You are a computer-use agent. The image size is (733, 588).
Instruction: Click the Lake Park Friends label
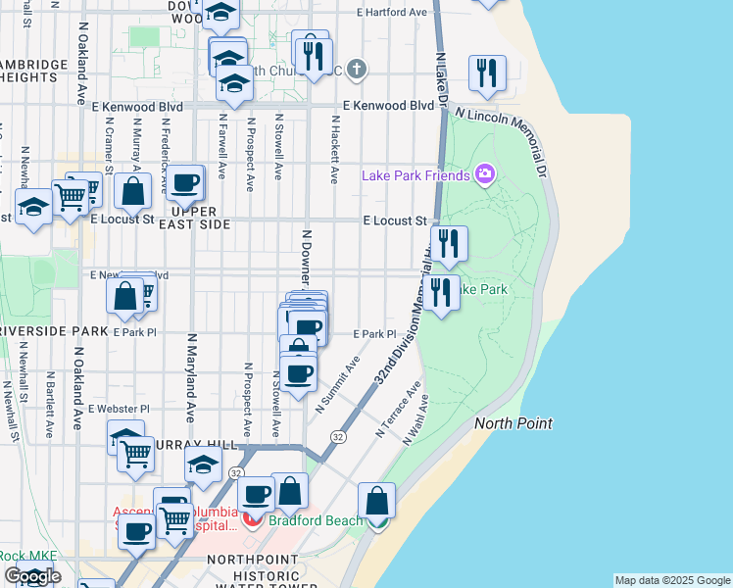click(x=416, y=176)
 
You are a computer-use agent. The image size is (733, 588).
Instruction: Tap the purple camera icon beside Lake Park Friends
click(x=484, y=175)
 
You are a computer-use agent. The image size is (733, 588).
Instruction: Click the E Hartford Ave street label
click(x=393, y=13)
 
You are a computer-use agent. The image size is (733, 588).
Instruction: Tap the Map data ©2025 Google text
click(x=672, y=580)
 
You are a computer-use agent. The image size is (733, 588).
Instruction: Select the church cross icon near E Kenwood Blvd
click(x=358, y=70)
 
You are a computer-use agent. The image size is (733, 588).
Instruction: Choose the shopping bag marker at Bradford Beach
click(x=376, y=502)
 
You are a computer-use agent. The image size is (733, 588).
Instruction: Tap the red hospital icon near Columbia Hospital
click(x=253, y=517)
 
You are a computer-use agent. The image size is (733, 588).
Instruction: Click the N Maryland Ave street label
click(x=192, y=372)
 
